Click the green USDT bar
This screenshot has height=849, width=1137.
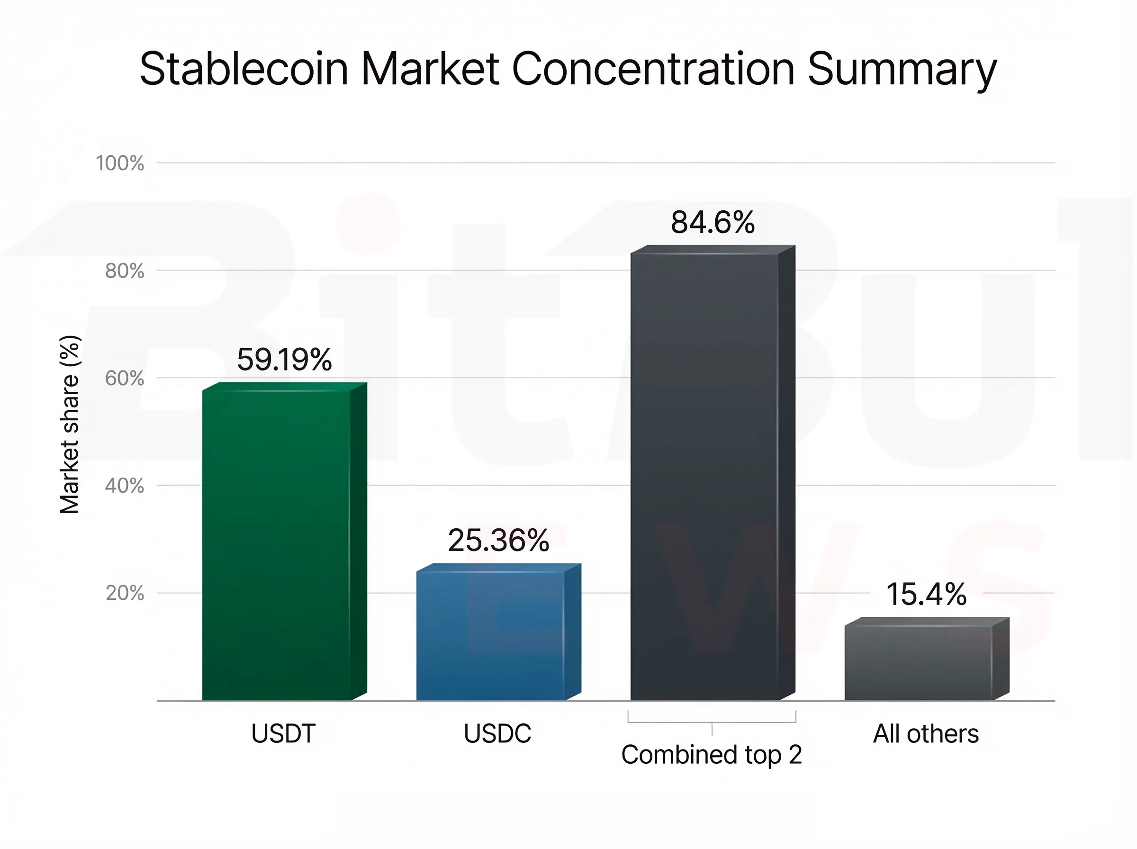(x=278, y=545)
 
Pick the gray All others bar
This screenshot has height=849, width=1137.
(x=919, y=663)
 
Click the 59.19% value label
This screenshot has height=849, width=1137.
(x=284, y=359)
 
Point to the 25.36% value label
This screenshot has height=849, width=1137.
(x=498, y=541)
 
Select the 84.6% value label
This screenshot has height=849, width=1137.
(x=713, y=223)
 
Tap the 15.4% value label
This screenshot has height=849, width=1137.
(x=926, y=594)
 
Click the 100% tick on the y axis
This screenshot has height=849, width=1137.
(x=120, y=163)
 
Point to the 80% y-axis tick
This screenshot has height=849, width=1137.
(x=124, y=271)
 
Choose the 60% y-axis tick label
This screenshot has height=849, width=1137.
(x=124, y=378)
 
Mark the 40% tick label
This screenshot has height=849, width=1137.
(x=124, y=486)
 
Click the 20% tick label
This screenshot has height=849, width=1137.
(x=124, y=593)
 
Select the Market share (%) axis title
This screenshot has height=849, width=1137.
(x=69, y=424)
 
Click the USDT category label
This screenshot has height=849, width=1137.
(x=283, y=733)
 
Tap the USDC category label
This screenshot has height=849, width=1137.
(x=497, y=733)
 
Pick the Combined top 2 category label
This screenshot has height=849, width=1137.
(x=712, y=755)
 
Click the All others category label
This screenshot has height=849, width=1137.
(x=926, y=733)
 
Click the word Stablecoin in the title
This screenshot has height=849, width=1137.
(x=244, y=69)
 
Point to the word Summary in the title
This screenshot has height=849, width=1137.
(x=902, y=69)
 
